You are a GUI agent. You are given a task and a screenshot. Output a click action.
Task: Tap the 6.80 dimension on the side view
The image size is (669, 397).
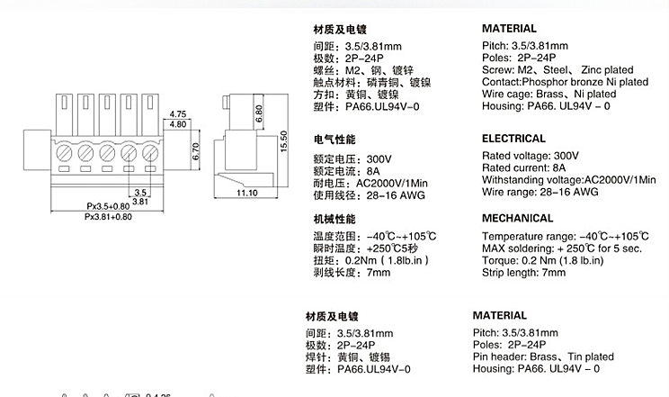pyautogui.click(x=258, y=114)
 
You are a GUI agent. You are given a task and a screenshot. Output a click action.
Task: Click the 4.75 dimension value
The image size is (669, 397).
pyautogui.click(x=177, y=114)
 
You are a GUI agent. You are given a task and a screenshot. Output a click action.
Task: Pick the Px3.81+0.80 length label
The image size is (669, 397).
pyautogui.click(x=108, y=217)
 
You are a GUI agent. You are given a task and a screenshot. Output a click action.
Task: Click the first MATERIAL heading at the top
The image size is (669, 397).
pyautogui.click(x=509, y=29)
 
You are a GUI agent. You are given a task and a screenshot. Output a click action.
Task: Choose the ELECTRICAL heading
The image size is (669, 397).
pyautogui.click(x=513, y=139)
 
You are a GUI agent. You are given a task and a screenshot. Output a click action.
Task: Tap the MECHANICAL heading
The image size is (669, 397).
pyautogui.click(x=517, y=218)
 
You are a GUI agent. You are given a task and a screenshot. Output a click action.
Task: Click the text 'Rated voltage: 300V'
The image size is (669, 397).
pyautogui.click(x=530, y=155)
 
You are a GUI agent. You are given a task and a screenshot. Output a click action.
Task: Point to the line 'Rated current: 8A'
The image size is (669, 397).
pyautogui.click(x=524, y=167)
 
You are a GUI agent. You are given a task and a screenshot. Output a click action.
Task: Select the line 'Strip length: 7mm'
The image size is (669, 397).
pyautogui.click(x=524, y=272)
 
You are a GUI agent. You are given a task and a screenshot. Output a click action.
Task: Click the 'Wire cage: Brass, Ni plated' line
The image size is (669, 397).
pyautogui.click(x=549, y=94)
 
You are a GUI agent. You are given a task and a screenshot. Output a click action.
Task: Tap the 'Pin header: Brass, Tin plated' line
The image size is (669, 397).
pyautogui.click(x=543, y=356)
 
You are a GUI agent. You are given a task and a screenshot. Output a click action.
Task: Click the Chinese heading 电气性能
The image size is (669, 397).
pyautogui.click(x=334, y=140)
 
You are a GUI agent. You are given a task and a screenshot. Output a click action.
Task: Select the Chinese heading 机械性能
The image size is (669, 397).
pyautogui.click(x=334, y=219)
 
